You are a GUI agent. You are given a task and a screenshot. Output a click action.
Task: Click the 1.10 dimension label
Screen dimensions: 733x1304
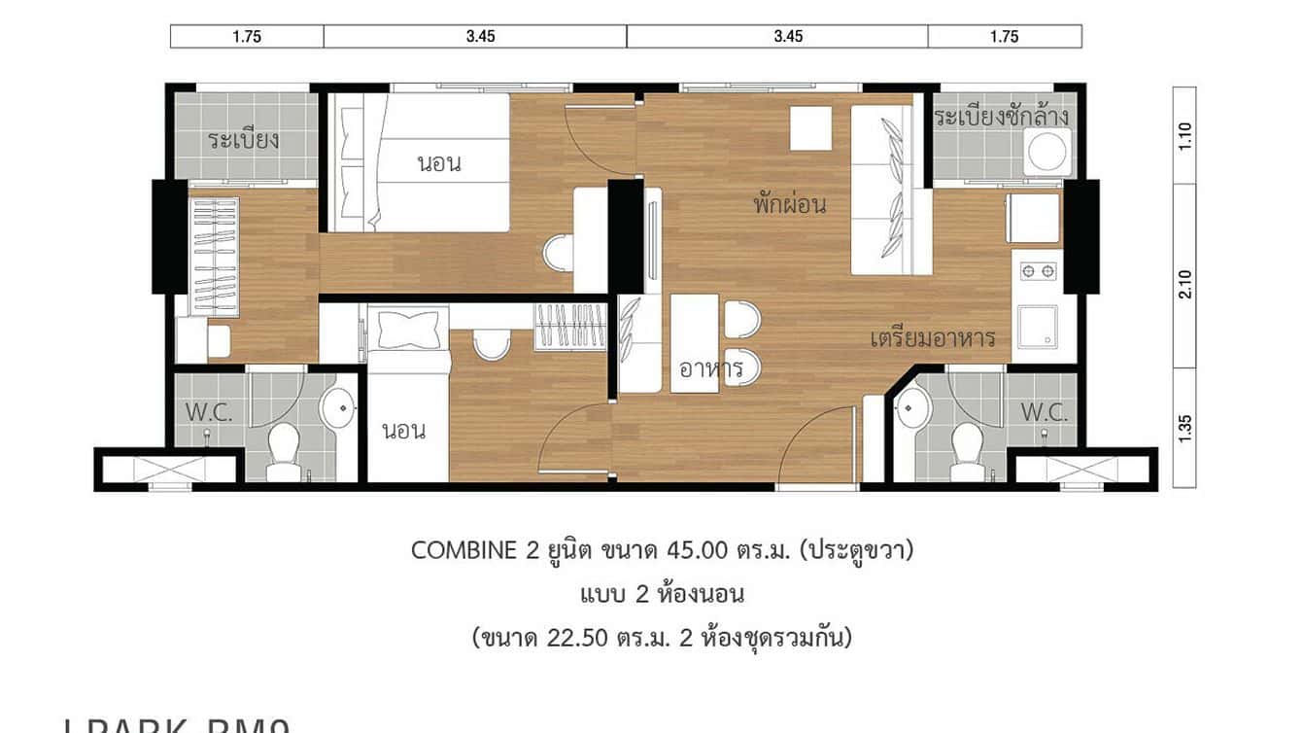1184,134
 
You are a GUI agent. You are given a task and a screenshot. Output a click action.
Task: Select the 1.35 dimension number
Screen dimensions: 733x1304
1184,428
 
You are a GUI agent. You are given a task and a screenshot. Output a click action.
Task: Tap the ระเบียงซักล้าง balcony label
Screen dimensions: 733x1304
1002,118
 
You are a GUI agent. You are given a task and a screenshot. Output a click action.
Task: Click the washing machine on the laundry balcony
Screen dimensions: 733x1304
1049,153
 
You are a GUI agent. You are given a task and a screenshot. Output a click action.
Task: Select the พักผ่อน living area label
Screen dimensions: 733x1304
789,204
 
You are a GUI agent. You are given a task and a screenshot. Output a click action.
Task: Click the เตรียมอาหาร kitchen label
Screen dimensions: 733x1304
932,338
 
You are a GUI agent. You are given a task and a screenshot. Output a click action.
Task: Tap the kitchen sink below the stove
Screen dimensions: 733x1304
1037,326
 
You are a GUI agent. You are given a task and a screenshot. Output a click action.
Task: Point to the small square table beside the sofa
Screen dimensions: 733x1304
810,128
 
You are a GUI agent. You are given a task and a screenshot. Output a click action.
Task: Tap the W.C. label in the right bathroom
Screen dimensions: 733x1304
1044,412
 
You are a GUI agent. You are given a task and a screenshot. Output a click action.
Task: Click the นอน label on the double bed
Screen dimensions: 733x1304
439,163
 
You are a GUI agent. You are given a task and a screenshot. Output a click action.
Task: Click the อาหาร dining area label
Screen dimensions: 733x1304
711,368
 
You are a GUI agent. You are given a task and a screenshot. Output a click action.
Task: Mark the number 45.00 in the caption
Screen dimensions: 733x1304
698,550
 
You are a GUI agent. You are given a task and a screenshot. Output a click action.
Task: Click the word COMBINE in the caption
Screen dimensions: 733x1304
463,550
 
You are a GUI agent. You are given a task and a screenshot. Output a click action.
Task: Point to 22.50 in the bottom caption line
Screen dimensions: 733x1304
580,638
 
